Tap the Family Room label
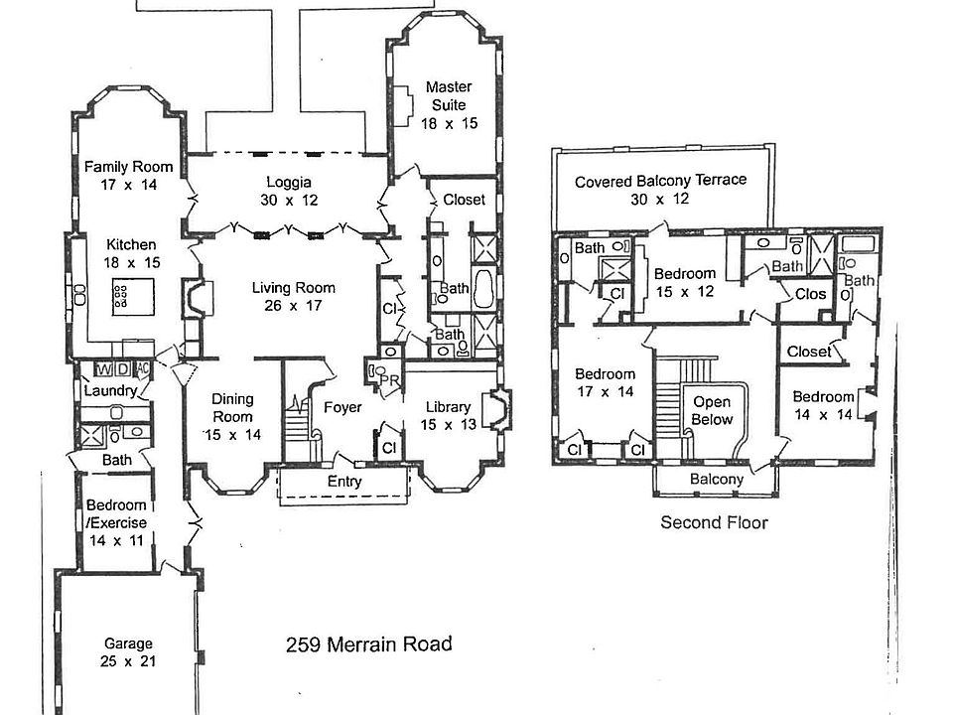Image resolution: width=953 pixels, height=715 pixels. tap(128, 175)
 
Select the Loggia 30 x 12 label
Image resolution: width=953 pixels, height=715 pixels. tap(289, 191)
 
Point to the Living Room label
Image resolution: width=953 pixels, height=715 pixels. tap(293, 296)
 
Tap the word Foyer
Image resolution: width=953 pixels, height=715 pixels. tap(342, 407)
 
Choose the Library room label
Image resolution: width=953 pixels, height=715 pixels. tap(448, 415)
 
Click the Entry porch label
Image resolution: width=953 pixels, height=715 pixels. tap(344, 483)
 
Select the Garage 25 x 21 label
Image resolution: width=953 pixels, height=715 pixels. tap(127, 651)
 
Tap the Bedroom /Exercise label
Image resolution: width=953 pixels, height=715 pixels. tap(116, 514)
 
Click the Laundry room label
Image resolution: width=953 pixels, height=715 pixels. tap(108, 391)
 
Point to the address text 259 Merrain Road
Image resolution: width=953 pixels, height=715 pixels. tap(368, 644)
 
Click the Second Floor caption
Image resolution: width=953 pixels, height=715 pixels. tap(714, 522)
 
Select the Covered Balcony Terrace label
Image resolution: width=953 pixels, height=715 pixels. tap(660, 190)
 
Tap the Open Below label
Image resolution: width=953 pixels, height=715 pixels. tap(712, 410)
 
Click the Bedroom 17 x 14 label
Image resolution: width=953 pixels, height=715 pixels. tap(605, 383)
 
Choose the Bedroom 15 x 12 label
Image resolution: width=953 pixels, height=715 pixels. tap(684, 282)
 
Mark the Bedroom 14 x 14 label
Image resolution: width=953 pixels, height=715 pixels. tap(823, 405)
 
